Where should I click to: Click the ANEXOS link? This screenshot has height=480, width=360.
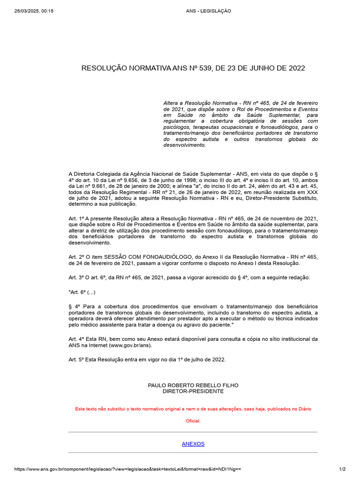click(x=193, y=444)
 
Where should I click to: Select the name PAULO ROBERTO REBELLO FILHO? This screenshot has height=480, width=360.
click(x=193, y=385)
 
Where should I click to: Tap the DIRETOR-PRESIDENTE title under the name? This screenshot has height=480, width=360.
click(x=193, y=391)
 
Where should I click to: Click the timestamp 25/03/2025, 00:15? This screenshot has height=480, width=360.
click(x=34, y=11)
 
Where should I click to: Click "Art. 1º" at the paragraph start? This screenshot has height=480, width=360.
click(x=76, y=218)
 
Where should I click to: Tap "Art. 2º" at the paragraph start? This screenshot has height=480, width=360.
click(x=76, y=257)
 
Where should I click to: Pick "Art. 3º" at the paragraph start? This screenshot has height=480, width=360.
click(x=76, y=278)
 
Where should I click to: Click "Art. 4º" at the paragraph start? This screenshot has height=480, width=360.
click(x=76, y=339)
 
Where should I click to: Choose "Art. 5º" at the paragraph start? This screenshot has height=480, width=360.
click(x=76, y=360)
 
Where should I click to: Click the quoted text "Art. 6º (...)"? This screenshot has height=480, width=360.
click(x=82, y=292)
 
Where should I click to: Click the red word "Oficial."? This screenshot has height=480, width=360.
click(x=193, y=421)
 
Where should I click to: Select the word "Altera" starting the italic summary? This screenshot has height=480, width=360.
click(x=171, y=103)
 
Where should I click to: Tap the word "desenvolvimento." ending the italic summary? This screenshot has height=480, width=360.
click(x=185, y=145)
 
